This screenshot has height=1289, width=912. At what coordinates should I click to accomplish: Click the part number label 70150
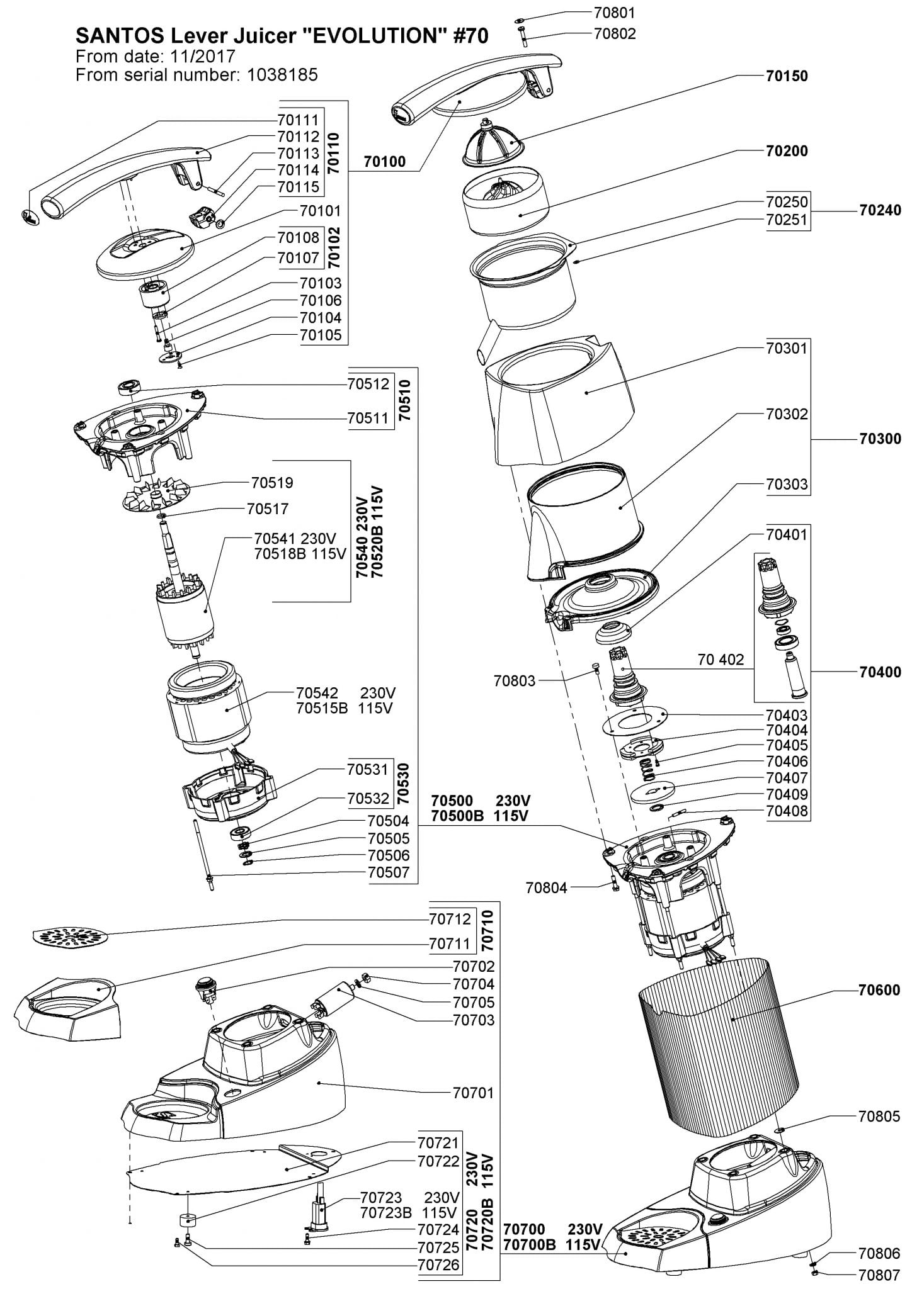pos(787,76)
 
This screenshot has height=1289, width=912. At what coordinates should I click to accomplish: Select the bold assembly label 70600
pos(879,991)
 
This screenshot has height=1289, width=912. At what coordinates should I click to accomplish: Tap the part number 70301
pos(787,348)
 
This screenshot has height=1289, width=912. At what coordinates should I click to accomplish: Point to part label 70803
pos(514,680)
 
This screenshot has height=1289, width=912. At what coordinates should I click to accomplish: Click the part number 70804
pos(547,888)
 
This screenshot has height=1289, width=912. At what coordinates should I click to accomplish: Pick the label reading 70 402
pos(721,660)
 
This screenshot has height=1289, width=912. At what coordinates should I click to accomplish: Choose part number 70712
pos(450,920)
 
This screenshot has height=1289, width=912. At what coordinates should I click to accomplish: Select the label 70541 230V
pos(295,539)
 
